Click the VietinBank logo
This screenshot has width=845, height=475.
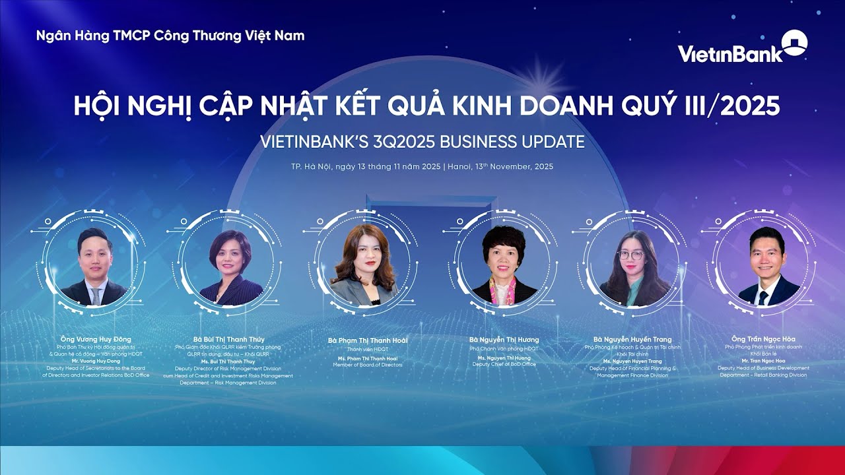[x=742, y=48]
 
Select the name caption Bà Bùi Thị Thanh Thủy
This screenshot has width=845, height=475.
[x=228, y=339]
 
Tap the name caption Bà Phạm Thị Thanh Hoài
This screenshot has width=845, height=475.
[x=368, y=340]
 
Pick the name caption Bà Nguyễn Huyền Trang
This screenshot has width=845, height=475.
[x=632, y=339]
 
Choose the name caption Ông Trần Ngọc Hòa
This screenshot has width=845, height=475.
[x=763, y=339]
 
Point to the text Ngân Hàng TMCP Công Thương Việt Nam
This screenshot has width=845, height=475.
[x=170, y=36]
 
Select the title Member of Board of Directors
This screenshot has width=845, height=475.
[x=368, y=365]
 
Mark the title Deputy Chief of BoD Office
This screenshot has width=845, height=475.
[x=504, y=364]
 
